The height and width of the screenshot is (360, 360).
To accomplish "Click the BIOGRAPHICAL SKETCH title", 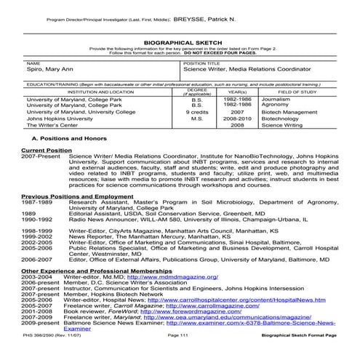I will [x=180, y=42].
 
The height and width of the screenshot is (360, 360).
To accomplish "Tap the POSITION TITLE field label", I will [x=198, y=64].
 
